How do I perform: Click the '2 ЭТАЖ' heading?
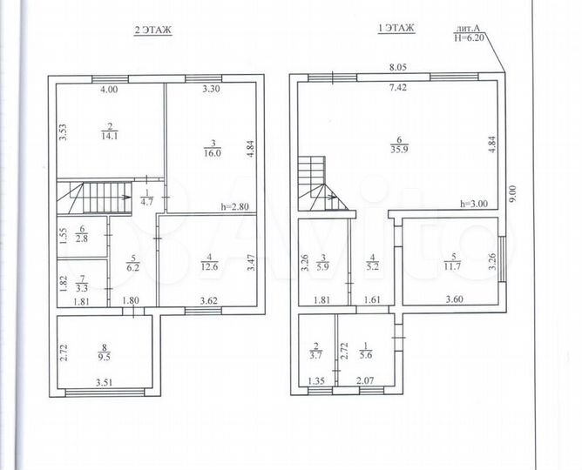pos(152,30)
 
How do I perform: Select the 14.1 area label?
pos(111,135)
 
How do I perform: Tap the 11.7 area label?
pos(449,266)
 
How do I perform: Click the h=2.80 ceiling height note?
pos(234,206)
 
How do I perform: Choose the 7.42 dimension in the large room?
pos(397,87)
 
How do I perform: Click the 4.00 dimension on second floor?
pos(108,90)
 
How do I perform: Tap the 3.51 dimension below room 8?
pos(105,379)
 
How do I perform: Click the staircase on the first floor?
pos(318,183)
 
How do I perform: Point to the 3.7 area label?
pos(315,354)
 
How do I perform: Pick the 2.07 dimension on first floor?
pos(364,379)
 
